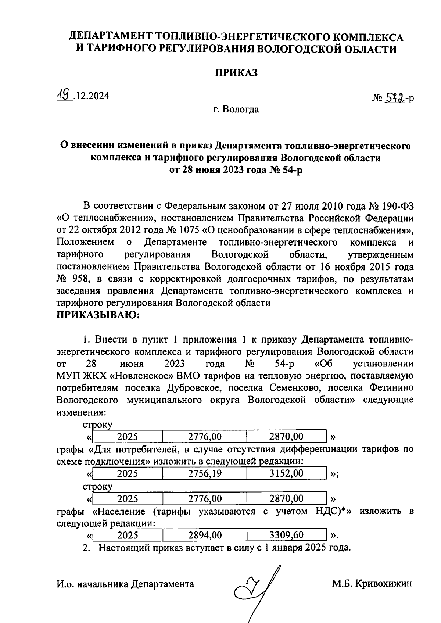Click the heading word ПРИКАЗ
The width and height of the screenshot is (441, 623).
[x=236, y=73]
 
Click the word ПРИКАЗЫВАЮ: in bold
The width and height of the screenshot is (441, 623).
[x=98, y=315]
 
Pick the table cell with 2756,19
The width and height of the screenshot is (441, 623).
[x=205, y=473]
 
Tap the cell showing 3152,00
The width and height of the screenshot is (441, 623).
[x=286, y=473]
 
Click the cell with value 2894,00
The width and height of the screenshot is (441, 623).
[x=205, y=535]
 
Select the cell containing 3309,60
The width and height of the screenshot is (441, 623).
[x=286, y=535]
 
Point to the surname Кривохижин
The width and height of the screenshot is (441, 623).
[x=384, y=584]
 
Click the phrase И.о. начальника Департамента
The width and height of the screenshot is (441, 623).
[x=125, y=584]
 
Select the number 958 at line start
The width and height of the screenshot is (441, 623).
[x=80, y=279]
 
